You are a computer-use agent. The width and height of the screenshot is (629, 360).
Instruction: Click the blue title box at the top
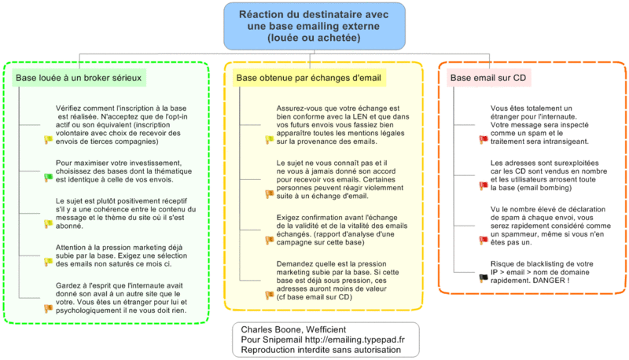(x=314, y=27)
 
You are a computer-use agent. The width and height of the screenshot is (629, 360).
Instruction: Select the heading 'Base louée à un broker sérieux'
(x=79, y=78)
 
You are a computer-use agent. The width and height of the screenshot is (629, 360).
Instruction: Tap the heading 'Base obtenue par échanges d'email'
(x=308, y=78)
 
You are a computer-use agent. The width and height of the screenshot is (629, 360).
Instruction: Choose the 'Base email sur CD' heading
(x=488, y=78)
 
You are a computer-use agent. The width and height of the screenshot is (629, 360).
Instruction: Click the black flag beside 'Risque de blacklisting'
(x=484, y=277)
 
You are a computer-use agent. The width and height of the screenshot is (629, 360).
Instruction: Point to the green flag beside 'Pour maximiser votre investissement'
(x=48, y=177)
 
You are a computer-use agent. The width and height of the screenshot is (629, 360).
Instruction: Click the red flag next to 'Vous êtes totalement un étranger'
(x=484, y=139)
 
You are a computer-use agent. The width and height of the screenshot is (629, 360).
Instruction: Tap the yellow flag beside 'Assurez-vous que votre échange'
(x=269, y=139)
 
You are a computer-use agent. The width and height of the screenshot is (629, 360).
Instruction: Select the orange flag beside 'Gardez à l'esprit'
(x=48, y=308)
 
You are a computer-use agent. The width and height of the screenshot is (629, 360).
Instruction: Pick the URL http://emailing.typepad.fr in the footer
(x=355, y=340)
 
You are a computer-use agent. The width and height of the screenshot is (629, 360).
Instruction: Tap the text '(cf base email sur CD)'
(x=314, y=297)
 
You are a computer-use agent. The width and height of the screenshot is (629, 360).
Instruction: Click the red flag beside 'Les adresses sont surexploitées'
(x=484, y=186)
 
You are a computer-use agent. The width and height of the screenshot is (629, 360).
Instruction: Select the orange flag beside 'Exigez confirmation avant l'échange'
(x=269, y=241)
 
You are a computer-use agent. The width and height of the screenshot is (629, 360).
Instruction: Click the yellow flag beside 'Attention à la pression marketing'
(x=48, y=262)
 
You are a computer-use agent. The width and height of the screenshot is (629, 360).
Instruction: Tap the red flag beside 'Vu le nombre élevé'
(x=484, y=241)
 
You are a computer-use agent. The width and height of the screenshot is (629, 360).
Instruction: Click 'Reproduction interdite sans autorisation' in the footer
(x=321, y=350)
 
